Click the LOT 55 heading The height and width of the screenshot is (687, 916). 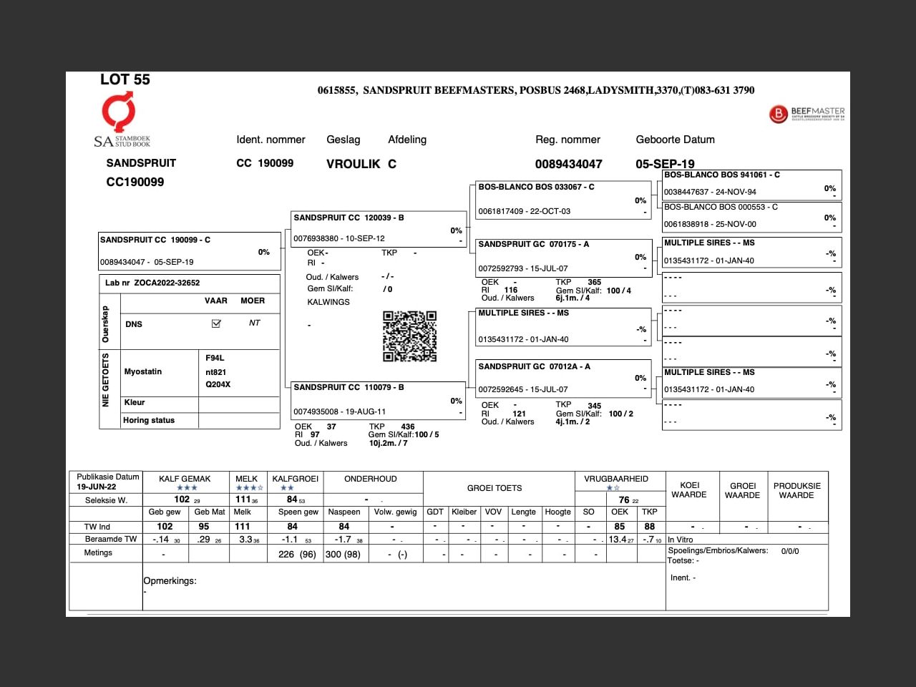[x=125, y=79]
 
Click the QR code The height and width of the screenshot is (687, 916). [x=409, y=336]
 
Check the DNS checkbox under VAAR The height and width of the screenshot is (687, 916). [x=216, y=323]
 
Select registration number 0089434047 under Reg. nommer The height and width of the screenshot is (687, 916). [x=568, y=164]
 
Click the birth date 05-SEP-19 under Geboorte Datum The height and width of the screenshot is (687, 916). [x=665, y=164]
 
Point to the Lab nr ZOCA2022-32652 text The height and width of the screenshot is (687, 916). [x=152, y=283]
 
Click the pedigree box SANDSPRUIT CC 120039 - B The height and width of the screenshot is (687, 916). [x=349, y=218]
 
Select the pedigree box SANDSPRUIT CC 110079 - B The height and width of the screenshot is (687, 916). [x=349, y=387]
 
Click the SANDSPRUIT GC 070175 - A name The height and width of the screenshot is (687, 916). [x=534, y=244]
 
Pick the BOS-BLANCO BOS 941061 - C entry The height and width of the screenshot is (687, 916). [x=722, y=175]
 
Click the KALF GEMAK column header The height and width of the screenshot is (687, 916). [x=185, y=479]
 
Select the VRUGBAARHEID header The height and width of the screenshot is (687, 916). [x=616, y=479]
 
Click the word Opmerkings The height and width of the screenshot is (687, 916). [x=170, y=581]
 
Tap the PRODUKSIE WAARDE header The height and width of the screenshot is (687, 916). [x=796, y=490]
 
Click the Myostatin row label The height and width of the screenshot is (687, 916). [x=143, y=371]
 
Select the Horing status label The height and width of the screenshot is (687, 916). [x=149, y=420]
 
